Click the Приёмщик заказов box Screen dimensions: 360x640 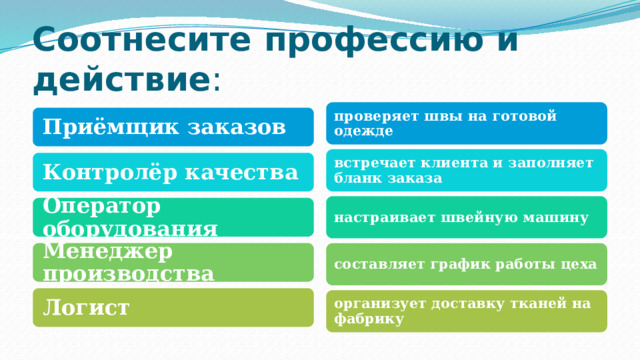[171, 127]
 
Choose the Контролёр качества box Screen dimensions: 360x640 [171, 172]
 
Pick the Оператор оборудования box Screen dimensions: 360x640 [171, 217]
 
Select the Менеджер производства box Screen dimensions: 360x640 [171, 262]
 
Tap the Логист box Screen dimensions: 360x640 [171, 307]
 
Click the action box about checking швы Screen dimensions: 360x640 [466, 123]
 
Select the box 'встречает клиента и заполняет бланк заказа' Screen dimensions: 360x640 [466, 170]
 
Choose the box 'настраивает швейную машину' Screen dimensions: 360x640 [466, 217]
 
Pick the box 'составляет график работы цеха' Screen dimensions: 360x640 [466, 264]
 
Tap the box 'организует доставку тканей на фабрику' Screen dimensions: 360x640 [466, 311]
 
